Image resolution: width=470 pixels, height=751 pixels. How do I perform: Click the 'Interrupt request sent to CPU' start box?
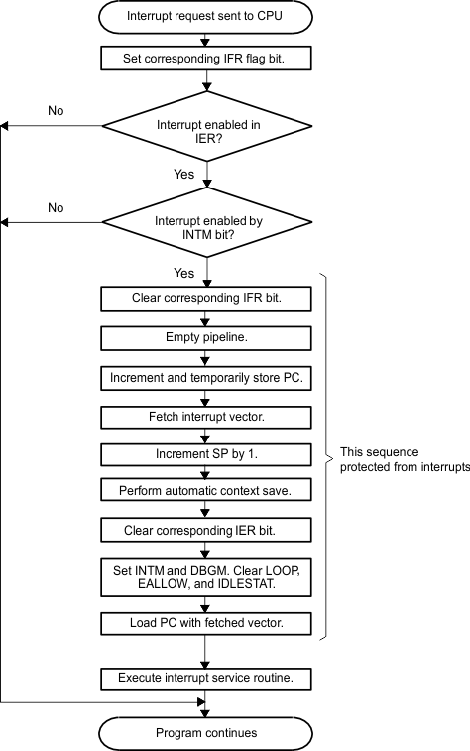point(206,18)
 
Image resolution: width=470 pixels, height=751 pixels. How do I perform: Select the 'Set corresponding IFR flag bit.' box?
point(206,58)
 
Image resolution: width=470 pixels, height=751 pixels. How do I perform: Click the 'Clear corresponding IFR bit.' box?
point(206,297)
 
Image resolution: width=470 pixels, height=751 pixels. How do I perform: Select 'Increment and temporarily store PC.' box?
point(206,377)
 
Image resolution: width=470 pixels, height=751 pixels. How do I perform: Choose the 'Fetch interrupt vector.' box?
point(206,418)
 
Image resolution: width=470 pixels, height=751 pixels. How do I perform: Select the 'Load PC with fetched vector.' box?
point(206,624)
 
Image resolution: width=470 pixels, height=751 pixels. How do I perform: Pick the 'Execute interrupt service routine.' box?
point(206,679)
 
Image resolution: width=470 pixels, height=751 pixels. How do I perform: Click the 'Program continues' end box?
point(206,733)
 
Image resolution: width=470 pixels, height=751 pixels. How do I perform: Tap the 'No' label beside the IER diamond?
point(56,110)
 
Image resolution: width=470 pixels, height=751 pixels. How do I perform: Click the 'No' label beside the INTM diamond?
point(56,208)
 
